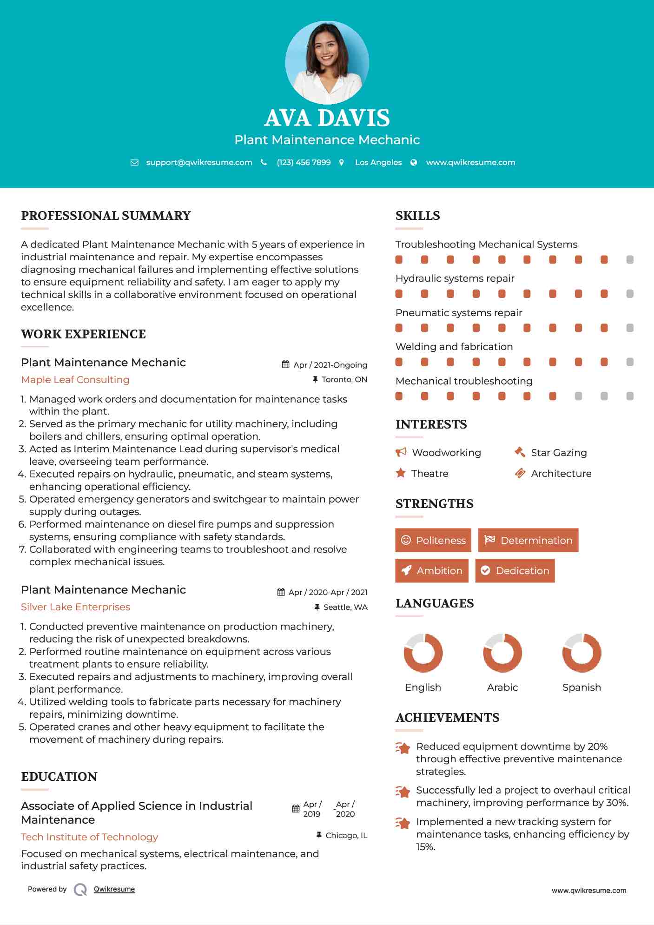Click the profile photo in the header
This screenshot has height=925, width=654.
pos(327,62)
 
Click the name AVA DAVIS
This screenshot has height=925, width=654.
pos(327,118)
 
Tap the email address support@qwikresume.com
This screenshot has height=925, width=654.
pos(199,162)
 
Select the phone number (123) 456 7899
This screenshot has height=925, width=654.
pos(304,162)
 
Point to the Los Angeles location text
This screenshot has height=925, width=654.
pos(378,162)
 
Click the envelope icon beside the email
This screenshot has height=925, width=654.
pos(134,162)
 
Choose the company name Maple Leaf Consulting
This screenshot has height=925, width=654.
pos(75,380)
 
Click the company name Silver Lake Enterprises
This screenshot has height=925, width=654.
pos(75,607)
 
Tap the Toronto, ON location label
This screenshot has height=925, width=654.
pos(344,379)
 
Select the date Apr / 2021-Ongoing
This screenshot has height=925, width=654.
pos(330,365)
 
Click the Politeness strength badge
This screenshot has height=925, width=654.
pos(433,540)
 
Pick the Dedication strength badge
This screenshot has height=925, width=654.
pos(515,570)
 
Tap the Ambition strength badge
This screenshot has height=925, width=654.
pos(432,570)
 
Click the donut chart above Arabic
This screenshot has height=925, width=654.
pos(502,653)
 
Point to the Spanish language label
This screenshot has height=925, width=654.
pos(581,687)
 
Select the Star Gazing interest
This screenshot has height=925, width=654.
pos(559,453)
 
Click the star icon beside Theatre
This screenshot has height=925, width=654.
pos(401,473)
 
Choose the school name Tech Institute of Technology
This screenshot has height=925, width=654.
pos(90,837)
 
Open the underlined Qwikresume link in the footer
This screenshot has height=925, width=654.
pos(114,889)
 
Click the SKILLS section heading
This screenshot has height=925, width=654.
pos(417,216)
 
